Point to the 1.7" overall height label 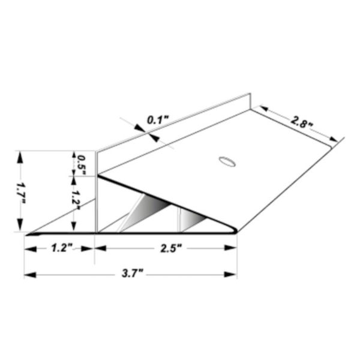point(22,192)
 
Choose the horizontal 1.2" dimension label point(61,247)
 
